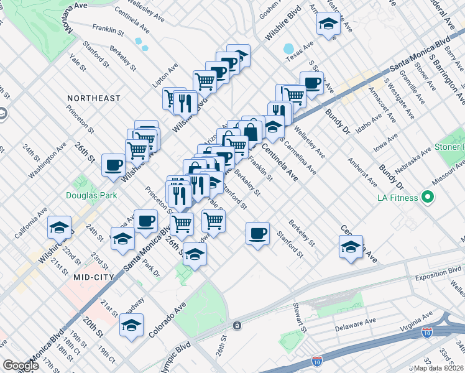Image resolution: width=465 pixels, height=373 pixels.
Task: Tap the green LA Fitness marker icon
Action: (427, 198)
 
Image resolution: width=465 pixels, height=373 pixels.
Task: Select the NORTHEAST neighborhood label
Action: (94, 98)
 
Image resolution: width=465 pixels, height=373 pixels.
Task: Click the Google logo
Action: (21, 366)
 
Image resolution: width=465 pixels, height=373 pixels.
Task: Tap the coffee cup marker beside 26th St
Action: (114, 165)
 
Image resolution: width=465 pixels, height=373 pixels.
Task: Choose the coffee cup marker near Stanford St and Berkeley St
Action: (257, 233)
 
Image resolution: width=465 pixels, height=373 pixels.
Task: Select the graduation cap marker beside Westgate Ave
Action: (327, 25)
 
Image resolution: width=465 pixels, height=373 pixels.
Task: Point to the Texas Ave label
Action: (300, 55)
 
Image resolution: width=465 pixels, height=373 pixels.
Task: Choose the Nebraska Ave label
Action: (408, 161)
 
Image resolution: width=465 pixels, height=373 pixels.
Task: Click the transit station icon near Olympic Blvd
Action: (237, 325)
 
